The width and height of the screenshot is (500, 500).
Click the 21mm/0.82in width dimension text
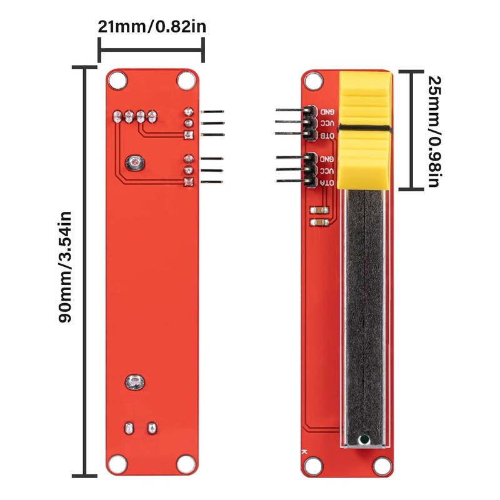(x=152, y=27)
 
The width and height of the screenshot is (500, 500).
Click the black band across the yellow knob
(x=366, y=130)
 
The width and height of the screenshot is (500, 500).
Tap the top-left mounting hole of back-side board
(x=116, y=79)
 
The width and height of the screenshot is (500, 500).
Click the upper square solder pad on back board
(x=188, y=135)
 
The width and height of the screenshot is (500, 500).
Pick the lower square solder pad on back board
(x=188, y=182)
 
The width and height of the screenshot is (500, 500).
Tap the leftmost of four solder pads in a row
(x=117, y=116)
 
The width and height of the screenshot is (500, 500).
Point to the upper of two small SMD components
(x=319, y=210)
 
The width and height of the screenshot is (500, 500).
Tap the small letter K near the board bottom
(x=304, y=451)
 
